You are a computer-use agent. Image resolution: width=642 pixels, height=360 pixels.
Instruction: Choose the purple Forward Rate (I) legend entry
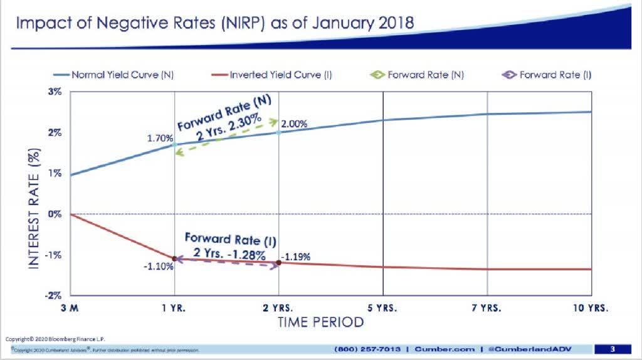tap(546, 75)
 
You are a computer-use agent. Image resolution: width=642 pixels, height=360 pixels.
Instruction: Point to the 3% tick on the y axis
tap(56, 92)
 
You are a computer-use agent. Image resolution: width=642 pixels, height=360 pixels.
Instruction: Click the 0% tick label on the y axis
tap(56, 214)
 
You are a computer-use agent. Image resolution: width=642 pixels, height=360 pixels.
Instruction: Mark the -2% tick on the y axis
tap(55, 295)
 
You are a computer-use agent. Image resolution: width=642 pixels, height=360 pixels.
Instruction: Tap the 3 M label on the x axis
tap(71, 309)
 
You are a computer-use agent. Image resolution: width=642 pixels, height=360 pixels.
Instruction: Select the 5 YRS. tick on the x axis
tap(382, 309)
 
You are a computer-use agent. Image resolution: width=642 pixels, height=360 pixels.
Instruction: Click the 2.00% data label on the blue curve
tap(295, 124)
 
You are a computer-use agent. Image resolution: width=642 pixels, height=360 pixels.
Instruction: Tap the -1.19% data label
tap(297, 257)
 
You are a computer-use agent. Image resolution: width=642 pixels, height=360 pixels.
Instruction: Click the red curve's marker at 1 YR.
tap(174, 258)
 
